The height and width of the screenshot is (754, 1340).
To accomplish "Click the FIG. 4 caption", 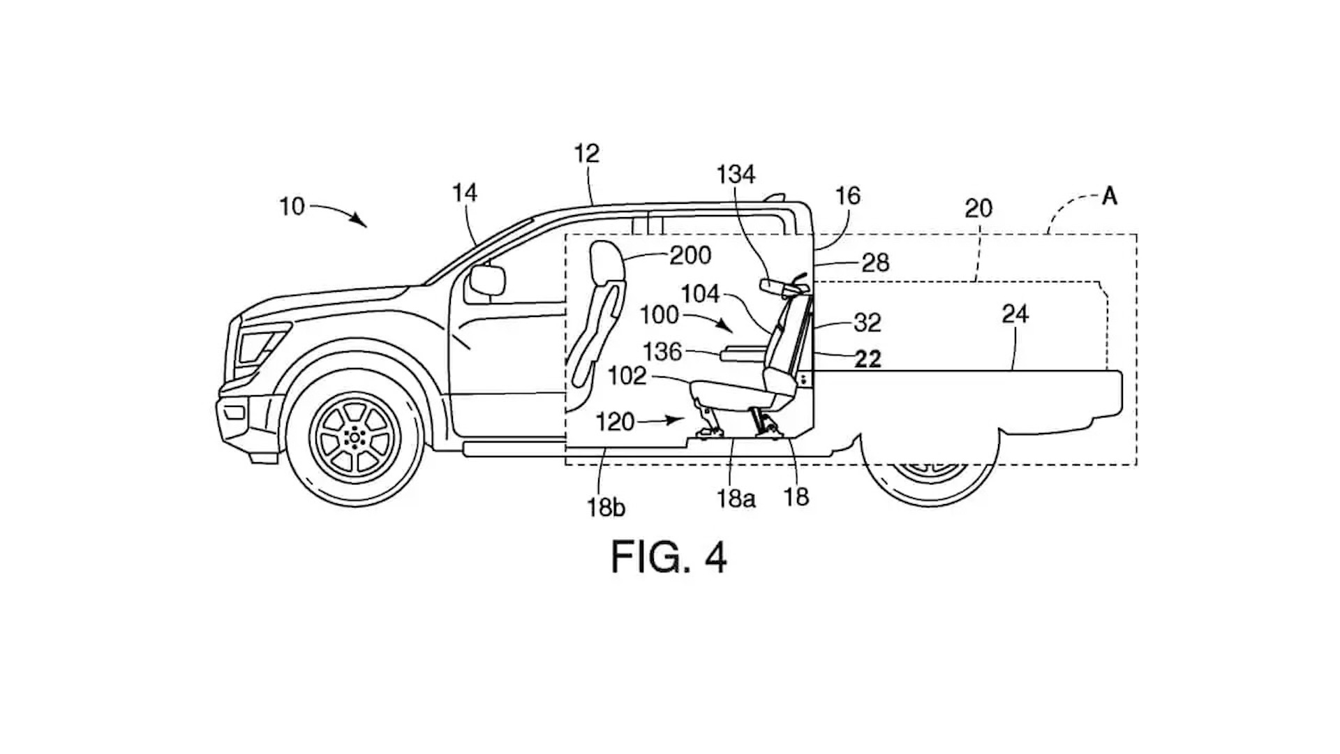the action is pos(669,556).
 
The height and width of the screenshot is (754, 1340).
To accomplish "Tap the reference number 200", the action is pos(690,256).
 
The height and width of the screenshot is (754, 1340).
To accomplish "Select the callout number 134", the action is pos(736,174).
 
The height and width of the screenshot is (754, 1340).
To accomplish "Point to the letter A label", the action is pos(1109,197).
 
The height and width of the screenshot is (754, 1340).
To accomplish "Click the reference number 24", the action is pos(1015,314).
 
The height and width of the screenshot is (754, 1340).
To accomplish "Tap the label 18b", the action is pos(606,507).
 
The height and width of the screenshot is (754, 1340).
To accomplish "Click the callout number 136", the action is pos(662,351).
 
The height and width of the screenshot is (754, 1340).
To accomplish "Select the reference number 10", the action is pos(292,207).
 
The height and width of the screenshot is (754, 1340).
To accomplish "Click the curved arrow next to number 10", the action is pos(341,210).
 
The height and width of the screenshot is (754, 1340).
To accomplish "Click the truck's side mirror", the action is pos(487,281).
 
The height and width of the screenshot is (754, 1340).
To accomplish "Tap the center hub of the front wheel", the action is pos(355,437).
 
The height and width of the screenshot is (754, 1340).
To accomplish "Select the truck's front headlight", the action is pos(258,346).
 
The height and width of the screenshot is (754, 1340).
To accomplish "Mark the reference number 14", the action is pos(465,193).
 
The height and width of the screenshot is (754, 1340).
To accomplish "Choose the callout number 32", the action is pos(868,323).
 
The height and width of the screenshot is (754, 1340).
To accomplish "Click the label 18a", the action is pos(736,499).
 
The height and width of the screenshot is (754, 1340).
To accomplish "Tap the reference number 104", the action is pos(700,294).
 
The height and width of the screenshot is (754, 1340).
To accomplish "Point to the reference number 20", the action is pos(978,208).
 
